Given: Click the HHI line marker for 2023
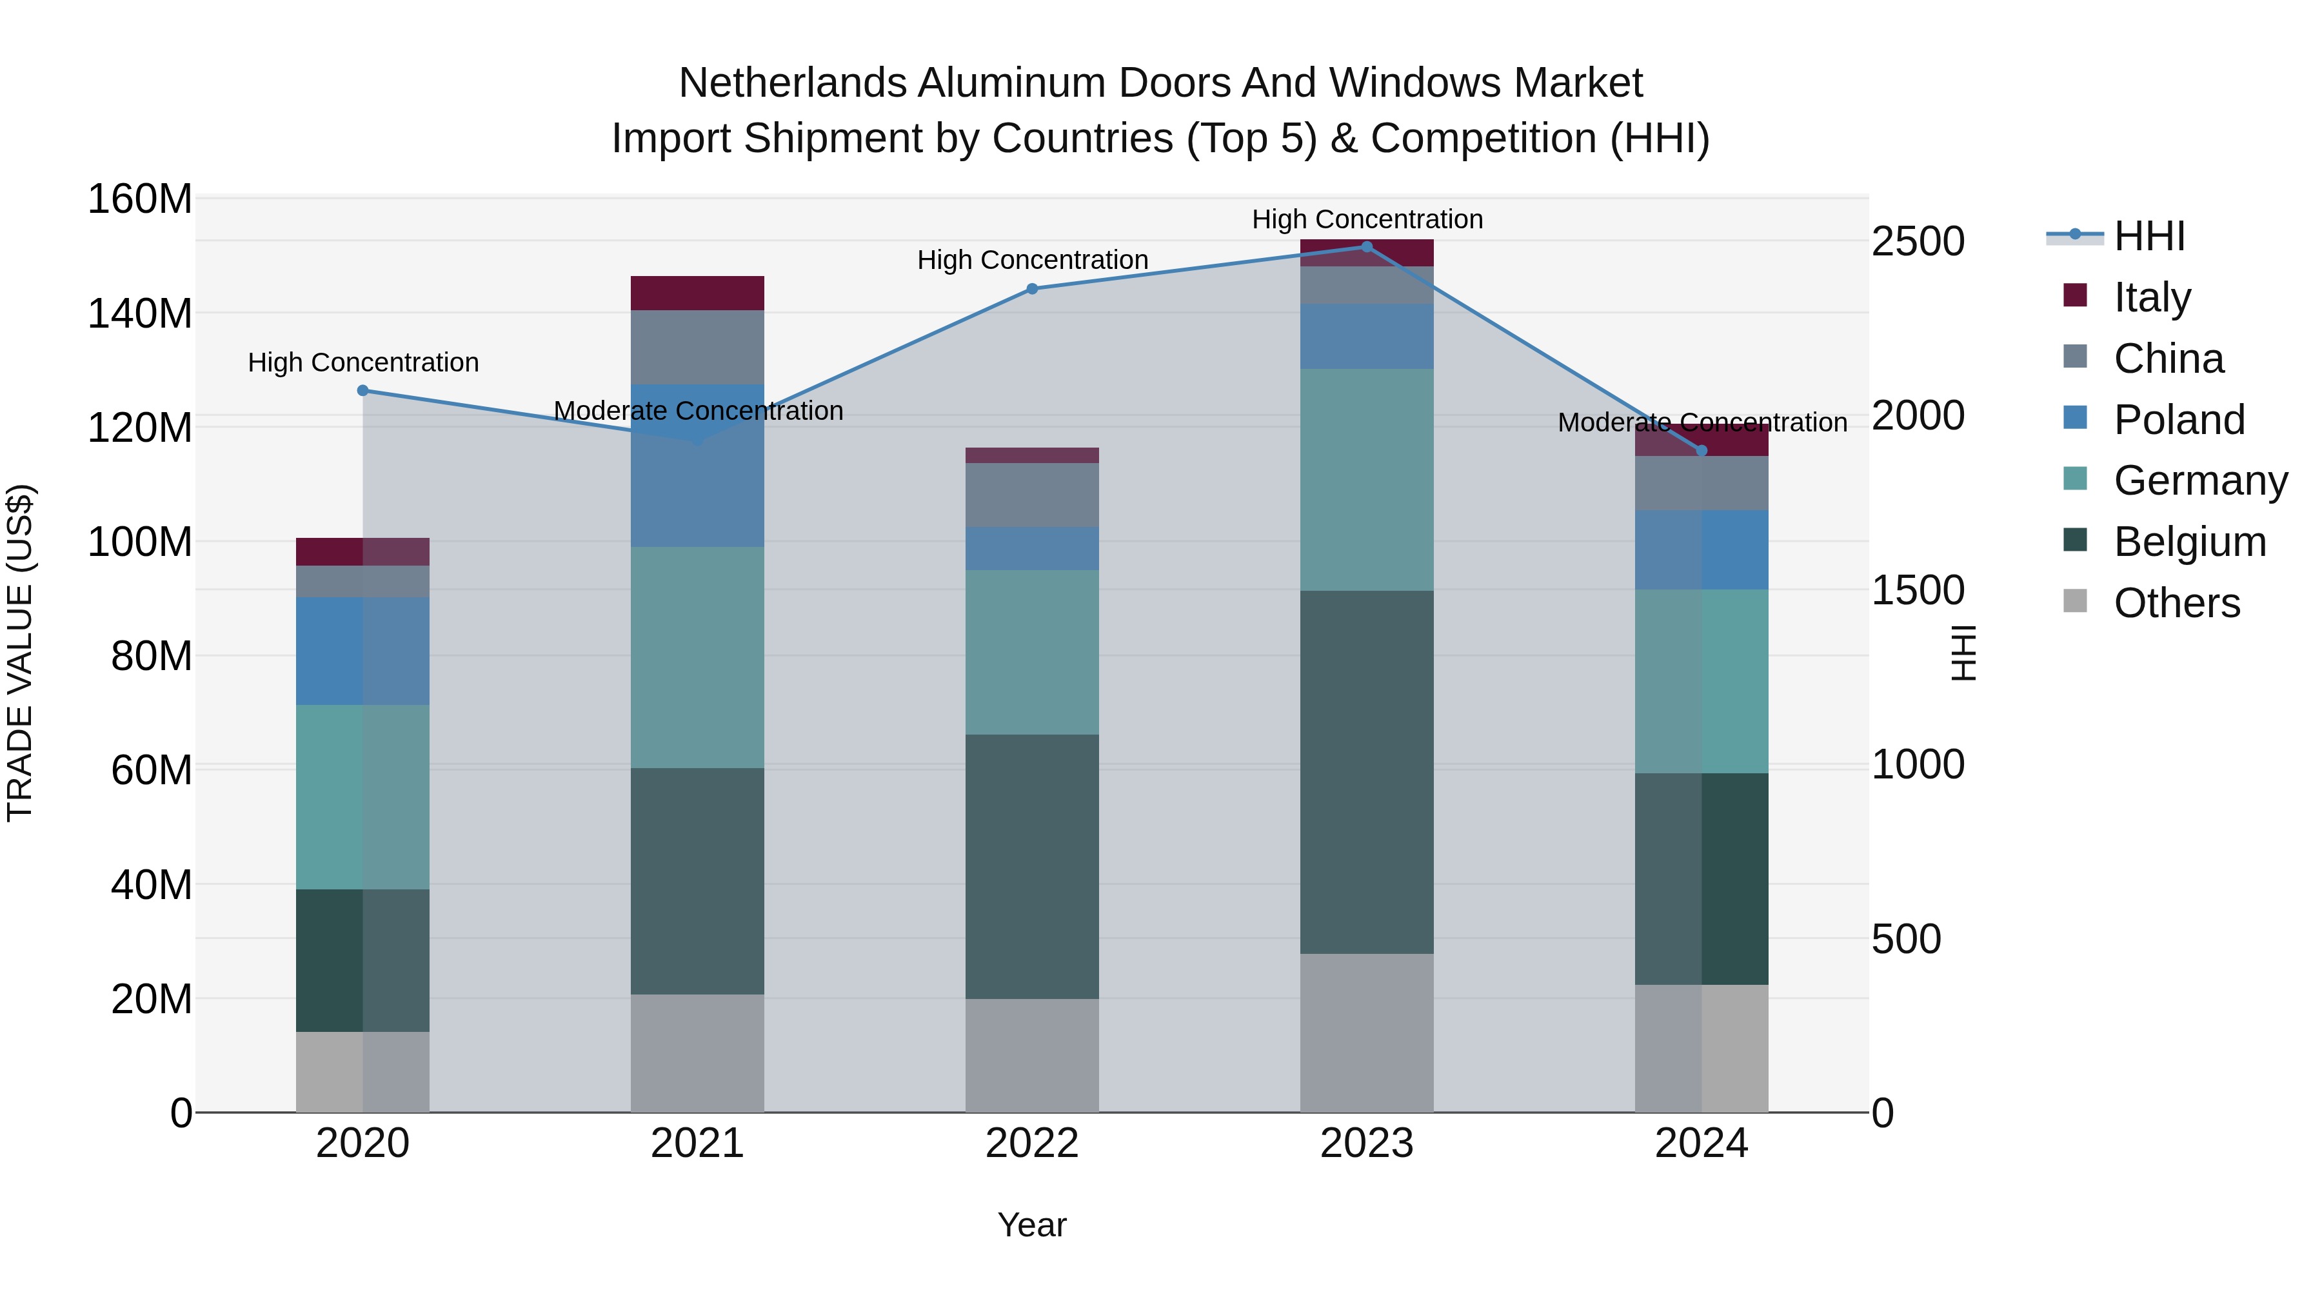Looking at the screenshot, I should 1367,247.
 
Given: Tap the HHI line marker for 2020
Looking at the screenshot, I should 363,390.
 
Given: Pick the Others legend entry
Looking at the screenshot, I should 2176,602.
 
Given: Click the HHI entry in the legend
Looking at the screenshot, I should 2149,236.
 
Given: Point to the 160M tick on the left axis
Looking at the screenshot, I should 140,199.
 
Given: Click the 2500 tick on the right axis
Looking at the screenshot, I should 1918,242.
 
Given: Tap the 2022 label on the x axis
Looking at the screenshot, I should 1032,1143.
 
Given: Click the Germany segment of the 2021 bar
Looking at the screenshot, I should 697,657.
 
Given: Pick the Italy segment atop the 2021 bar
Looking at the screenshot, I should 697,293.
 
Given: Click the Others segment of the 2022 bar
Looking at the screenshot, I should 1032,1054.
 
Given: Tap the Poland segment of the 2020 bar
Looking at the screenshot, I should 362,651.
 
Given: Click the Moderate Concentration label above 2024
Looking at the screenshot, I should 1702,422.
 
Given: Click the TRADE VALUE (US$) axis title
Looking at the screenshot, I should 20,653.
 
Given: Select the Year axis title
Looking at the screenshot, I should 1032,1225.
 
